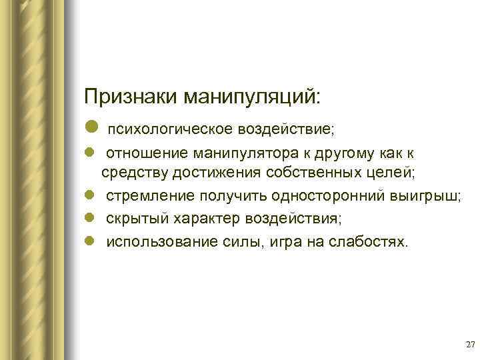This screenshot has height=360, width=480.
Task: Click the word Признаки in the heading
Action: [x=127, y=96]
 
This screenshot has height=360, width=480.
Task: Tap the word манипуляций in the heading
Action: [x=247, y=96]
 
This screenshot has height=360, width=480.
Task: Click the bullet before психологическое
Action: [x=91, y=126]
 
